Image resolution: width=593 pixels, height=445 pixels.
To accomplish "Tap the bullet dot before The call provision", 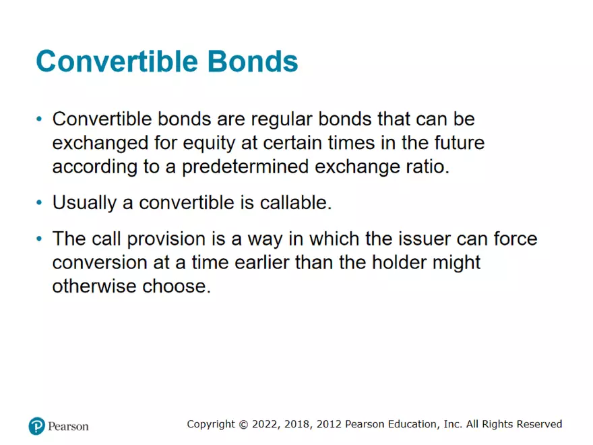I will pos(40,239).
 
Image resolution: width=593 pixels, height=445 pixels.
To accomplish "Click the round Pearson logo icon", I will pos(36,426).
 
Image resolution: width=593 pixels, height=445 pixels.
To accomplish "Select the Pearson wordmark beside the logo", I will pos(68,426).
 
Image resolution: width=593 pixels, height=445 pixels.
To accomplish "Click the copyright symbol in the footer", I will pos(243,424).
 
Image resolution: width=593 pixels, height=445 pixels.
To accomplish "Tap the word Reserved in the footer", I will pos(540,424).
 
